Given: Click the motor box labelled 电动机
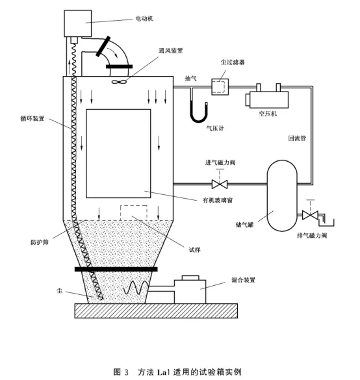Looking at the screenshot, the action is [77, 23].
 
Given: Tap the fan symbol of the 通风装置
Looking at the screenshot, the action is [119, 82].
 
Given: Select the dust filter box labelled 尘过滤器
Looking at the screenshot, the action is [220, 87].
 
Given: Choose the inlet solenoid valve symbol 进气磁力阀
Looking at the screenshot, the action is [220, 184].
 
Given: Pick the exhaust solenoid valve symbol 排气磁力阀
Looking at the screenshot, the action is [310, 215].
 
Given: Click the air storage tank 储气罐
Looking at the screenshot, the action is [282, 196].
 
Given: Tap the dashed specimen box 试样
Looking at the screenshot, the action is [134, 213].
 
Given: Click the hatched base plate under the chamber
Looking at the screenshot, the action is [156, 310].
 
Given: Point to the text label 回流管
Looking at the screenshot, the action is [297, 138].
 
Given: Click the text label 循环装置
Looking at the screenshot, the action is [32, 118].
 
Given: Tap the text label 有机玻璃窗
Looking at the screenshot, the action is [218, 200].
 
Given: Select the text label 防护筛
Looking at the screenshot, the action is [40, 242].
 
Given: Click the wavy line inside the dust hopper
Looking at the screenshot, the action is [136, 287].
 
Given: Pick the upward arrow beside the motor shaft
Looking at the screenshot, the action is [70, 68].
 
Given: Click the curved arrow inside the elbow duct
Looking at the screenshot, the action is [113, 53].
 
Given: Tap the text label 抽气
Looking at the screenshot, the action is [190, 79].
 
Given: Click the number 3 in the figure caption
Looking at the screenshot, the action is [126, 372].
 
